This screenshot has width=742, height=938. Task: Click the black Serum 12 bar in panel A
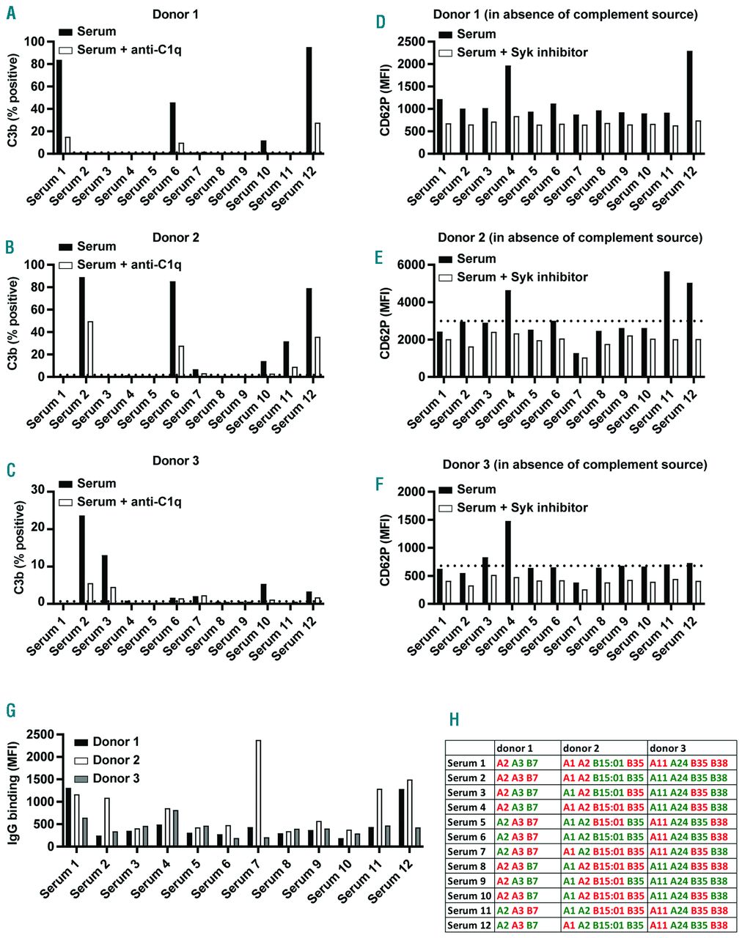point(309,100)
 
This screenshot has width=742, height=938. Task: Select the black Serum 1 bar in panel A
point(59,107)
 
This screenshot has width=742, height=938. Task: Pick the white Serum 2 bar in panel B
point(89,349)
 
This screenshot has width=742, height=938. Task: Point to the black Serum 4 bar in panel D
point(507,110)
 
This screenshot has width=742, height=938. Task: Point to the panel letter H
point(455,719)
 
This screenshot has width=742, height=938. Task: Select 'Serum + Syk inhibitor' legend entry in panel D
point(522,53)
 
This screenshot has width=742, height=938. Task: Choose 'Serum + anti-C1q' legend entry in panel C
point(128,502)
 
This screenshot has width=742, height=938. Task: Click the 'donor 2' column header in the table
point(582,748)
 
